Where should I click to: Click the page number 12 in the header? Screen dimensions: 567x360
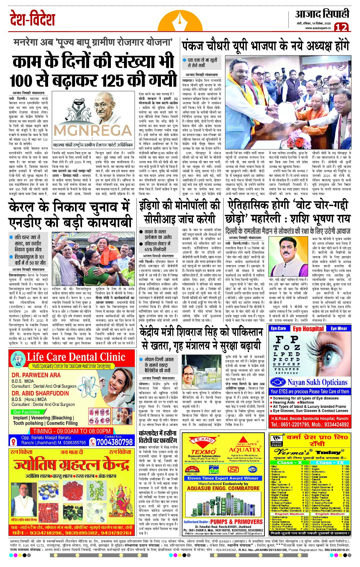[x=341, y=27]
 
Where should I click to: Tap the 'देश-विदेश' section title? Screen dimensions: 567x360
[x=32, y=18]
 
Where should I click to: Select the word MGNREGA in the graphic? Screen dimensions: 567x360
[x=93, y=131]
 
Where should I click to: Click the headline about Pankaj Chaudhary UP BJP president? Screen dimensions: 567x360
[x=265, y=46]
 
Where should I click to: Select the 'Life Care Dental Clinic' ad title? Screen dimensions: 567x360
[x=76, y=357]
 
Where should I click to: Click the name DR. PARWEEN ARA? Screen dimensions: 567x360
[x=32, y=375]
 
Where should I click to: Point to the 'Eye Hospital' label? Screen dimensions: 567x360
[x=308, y=329]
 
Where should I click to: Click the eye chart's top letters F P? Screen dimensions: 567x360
[x=287, y=339]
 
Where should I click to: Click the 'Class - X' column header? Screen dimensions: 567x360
[x=290, y=462]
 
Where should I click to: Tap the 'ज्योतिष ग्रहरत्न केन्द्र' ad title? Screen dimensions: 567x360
[x=71, y=466]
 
